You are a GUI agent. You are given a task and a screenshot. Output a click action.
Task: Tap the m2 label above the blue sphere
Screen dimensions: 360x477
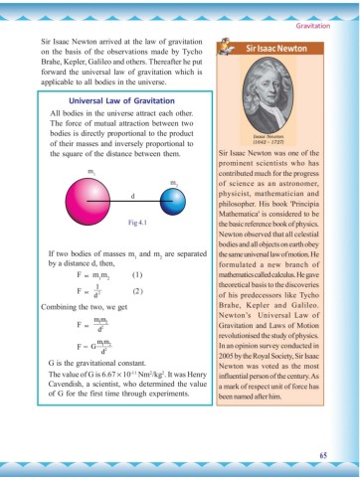(x=174, y=183)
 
